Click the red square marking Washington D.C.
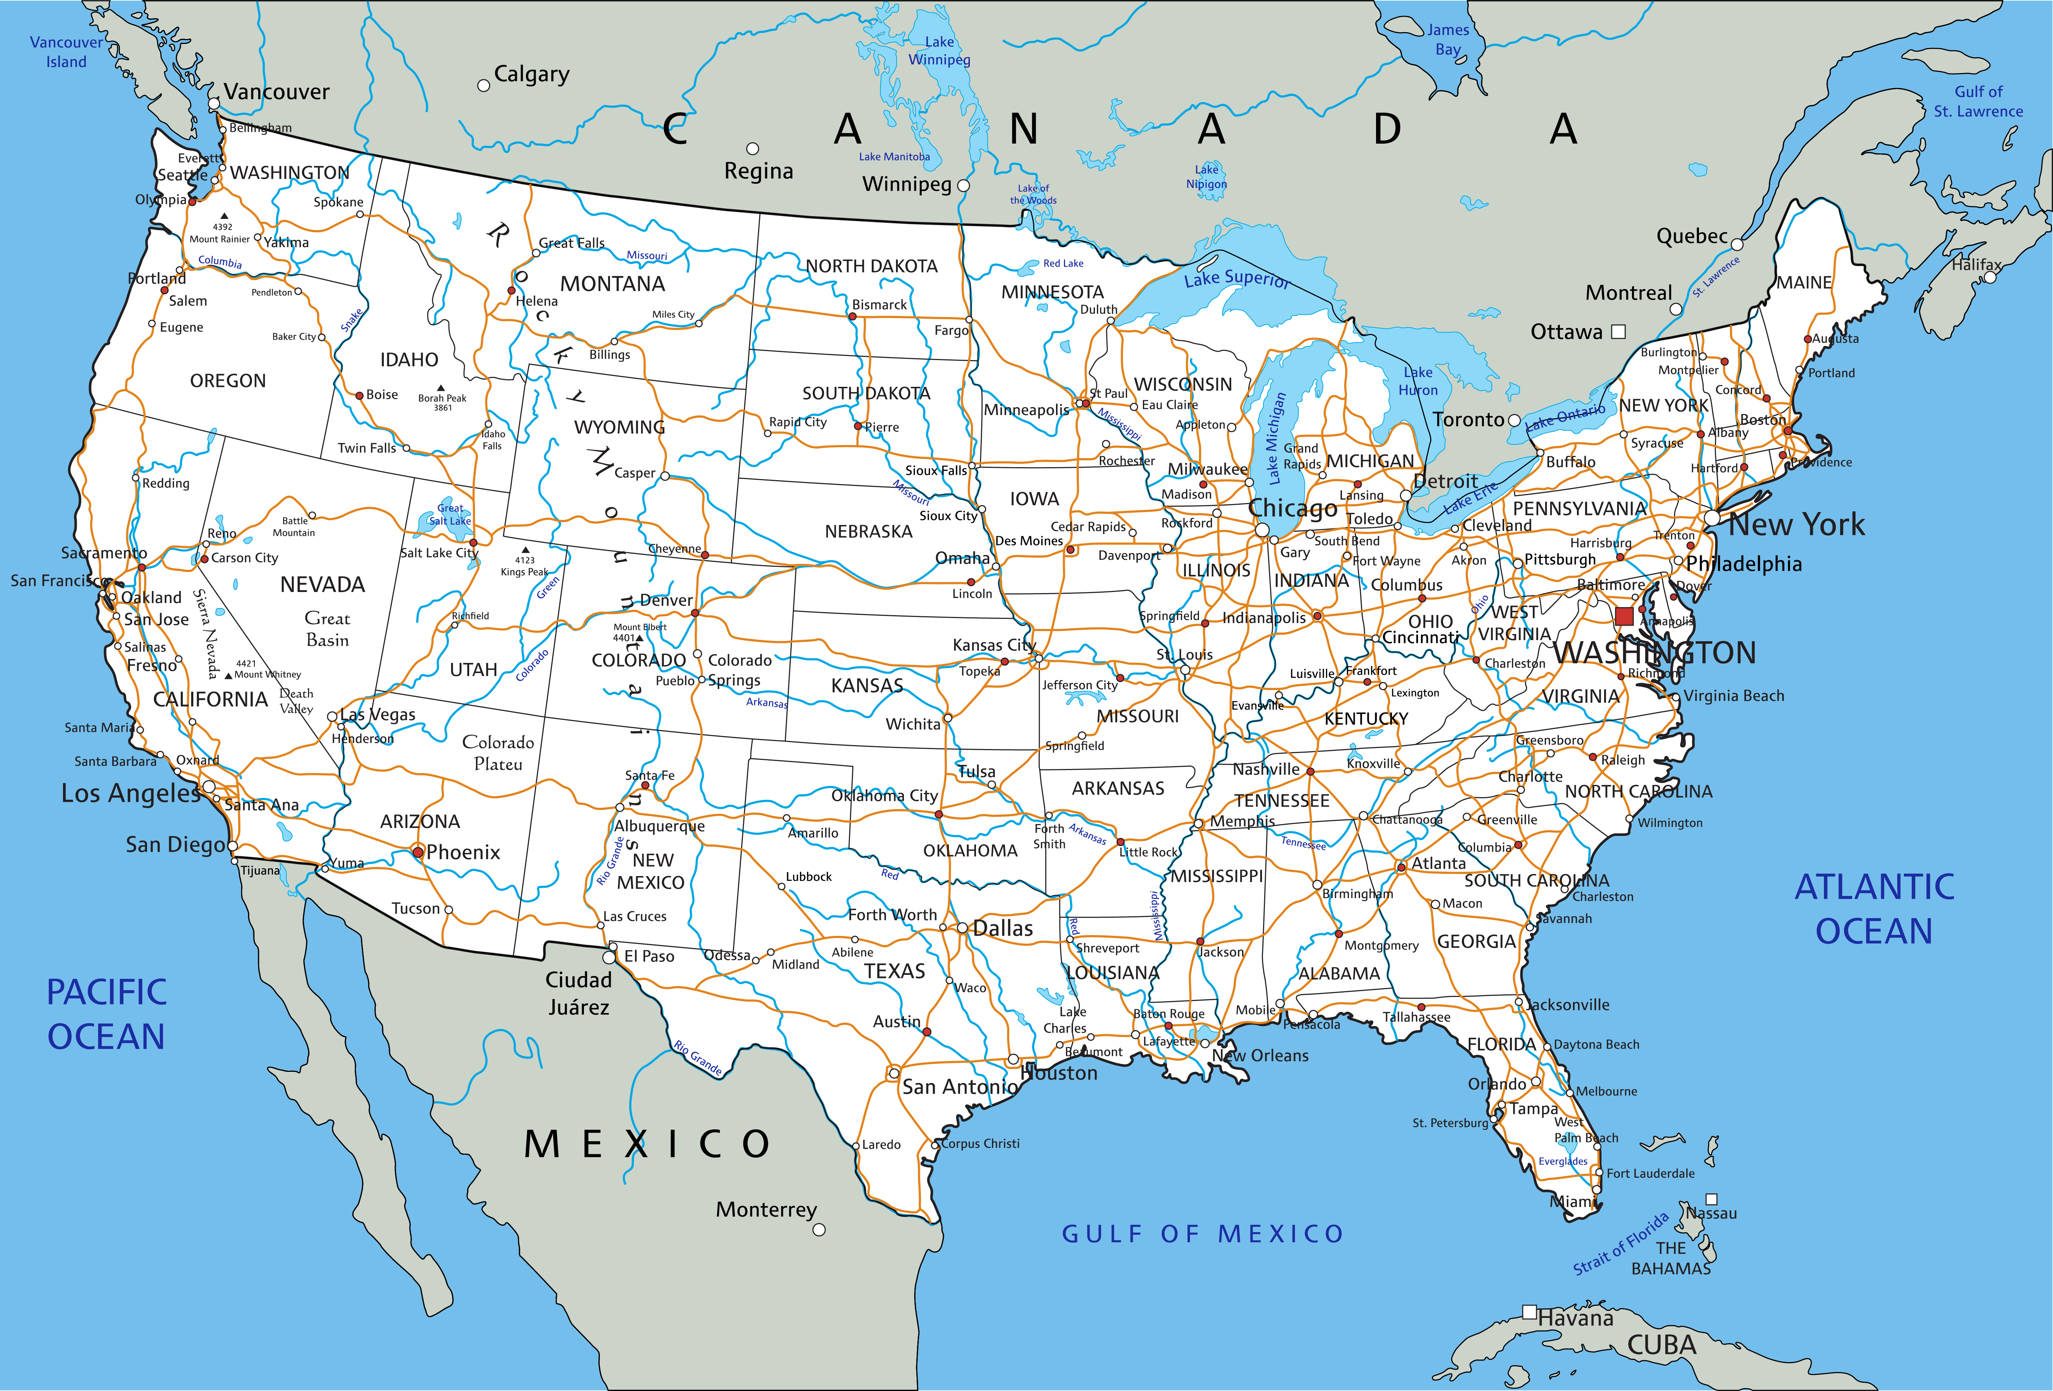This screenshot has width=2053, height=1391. pos(1624,617)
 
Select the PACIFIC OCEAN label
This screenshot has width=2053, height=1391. pos(106,1014)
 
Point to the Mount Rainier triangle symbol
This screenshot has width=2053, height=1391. pos(224,216)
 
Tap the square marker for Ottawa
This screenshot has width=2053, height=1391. pos(1618,332)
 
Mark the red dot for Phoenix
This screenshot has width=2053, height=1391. pos(418,852)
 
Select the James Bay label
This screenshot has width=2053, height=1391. pos(1448,40)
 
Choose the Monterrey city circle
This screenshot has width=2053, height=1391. pos(819,1229)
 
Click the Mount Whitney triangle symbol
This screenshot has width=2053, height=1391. pos(229,676)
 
